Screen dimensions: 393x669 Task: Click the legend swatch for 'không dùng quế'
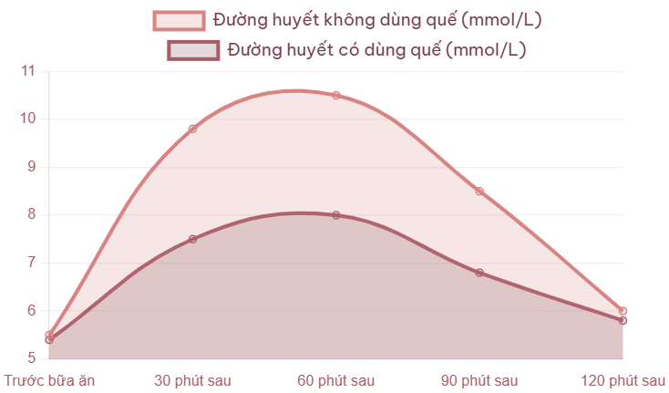pos(179,20)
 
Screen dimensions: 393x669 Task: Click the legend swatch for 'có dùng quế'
pos(193,50)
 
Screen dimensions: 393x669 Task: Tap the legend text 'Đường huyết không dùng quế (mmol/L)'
pos(380,20)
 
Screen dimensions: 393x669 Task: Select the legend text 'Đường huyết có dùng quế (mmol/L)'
pos(376,50)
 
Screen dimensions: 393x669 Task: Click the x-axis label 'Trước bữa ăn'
pos(49,379)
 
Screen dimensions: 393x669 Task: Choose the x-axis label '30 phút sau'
pos(192,379)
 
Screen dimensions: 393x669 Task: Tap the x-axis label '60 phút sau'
pos(336,379)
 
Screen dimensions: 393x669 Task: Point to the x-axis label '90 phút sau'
pos(479,379)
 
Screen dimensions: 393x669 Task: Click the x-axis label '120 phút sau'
pos(623,379)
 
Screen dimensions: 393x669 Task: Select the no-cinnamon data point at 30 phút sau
pos(192,129)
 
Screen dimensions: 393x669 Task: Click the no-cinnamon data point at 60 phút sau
pos(336,95)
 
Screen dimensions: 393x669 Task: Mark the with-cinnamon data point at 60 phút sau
pos(336,214)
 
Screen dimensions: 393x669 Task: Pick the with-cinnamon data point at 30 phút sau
pos(192,239)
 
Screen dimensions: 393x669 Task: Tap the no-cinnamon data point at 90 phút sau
pos(479,191)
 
